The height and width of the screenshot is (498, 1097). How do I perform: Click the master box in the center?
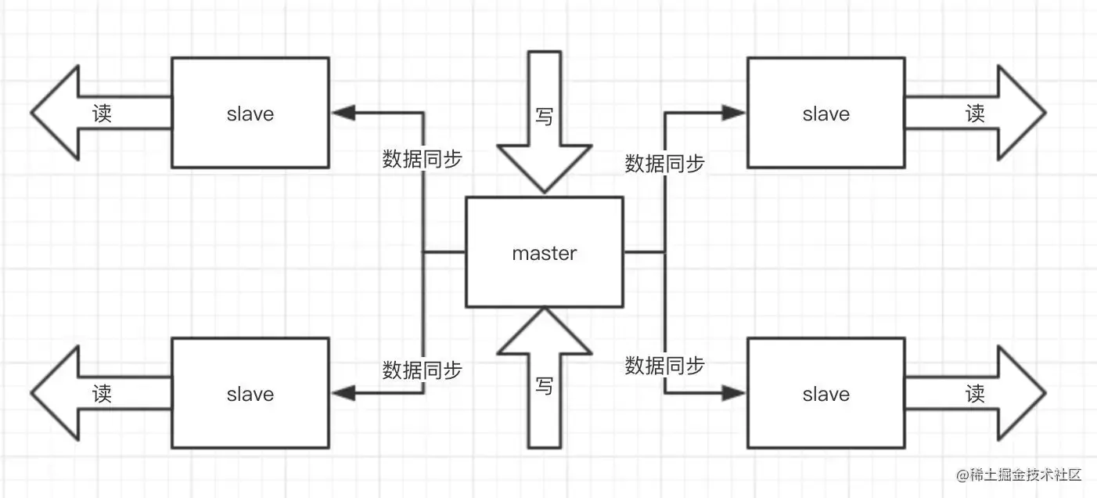point(545,252)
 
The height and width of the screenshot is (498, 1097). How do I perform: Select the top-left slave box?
point(250,112)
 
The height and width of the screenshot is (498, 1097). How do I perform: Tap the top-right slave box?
point(825,112)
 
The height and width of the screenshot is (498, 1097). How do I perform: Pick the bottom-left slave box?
point(250,392)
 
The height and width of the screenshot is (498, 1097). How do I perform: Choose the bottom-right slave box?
point(825,392)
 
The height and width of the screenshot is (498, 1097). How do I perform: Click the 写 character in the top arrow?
point(545,116)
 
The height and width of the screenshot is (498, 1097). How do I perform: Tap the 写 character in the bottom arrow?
point(545,385)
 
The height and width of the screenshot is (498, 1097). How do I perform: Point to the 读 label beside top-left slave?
point(102,113)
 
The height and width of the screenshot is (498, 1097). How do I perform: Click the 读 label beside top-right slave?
point(975,113)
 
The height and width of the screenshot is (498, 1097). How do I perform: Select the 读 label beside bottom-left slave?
point(102,392)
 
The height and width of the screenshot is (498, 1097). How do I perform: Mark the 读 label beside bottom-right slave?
point(975,392)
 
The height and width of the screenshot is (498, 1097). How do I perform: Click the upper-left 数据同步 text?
point(422,159)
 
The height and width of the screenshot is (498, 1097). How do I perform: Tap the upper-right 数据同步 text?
point(664,163)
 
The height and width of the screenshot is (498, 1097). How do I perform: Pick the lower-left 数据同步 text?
point(422,370)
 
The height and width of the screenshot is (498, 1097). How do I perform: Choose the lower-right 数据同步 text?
point(664,365)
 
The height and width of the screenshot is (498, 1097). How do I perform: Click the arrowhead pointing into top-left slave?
point(342,113)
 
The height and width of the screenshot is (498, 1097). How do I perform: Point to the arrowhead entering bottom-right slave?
point(734,392)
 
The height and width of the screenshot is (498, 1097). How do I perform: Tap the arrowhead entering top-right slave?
point(734,113)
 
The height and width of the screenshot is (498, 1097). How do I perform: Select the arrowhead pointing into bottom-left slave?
point(342,392)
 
